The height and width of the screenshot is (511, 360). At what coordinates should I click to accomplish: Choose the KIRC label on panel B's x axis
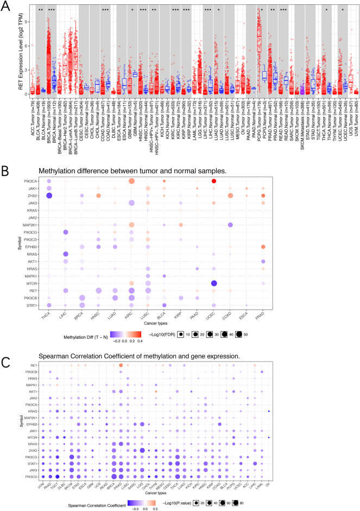130,317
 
